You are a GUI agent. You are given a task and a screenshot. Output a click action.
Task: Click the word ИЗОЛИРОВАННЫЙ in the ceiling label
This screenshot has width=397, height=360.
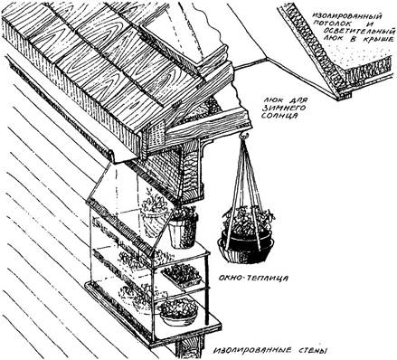346,15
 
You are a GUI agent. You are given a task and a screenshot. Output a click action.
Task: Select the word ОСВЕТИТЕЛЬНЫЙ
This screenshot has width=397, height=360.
359,32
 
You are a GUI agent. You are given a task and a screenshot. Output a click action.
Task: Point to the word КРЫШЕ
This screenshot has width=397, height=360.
380,40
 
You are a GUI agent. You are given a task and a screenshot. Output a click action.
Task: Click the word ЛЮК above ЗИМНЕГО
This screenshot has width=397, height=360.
271,100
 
